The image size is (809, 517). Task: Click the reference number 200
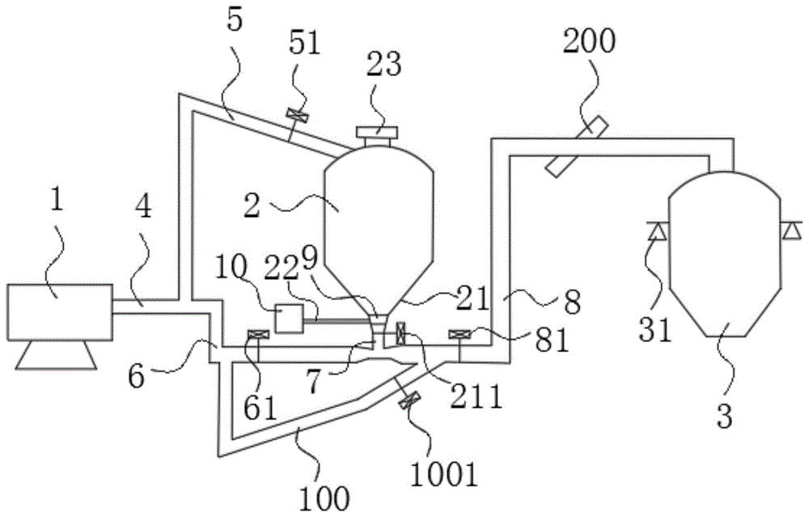click(589, 41)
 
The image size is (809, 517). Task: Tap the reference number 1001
click(444, 475)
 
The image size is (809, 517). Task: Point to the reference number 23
click(383, 66)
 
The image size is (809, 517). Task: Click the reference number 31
click(655, 330)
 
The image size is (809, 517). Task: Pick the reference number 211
click(477, 397)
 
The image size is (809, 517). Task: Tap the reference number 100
click(325, 498)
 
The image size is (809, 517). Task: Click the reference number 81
click(552, 341)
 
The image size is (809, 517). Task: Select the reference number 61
click(260, 409)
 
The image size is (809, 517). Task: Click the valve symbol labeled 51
click(297, 116)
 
